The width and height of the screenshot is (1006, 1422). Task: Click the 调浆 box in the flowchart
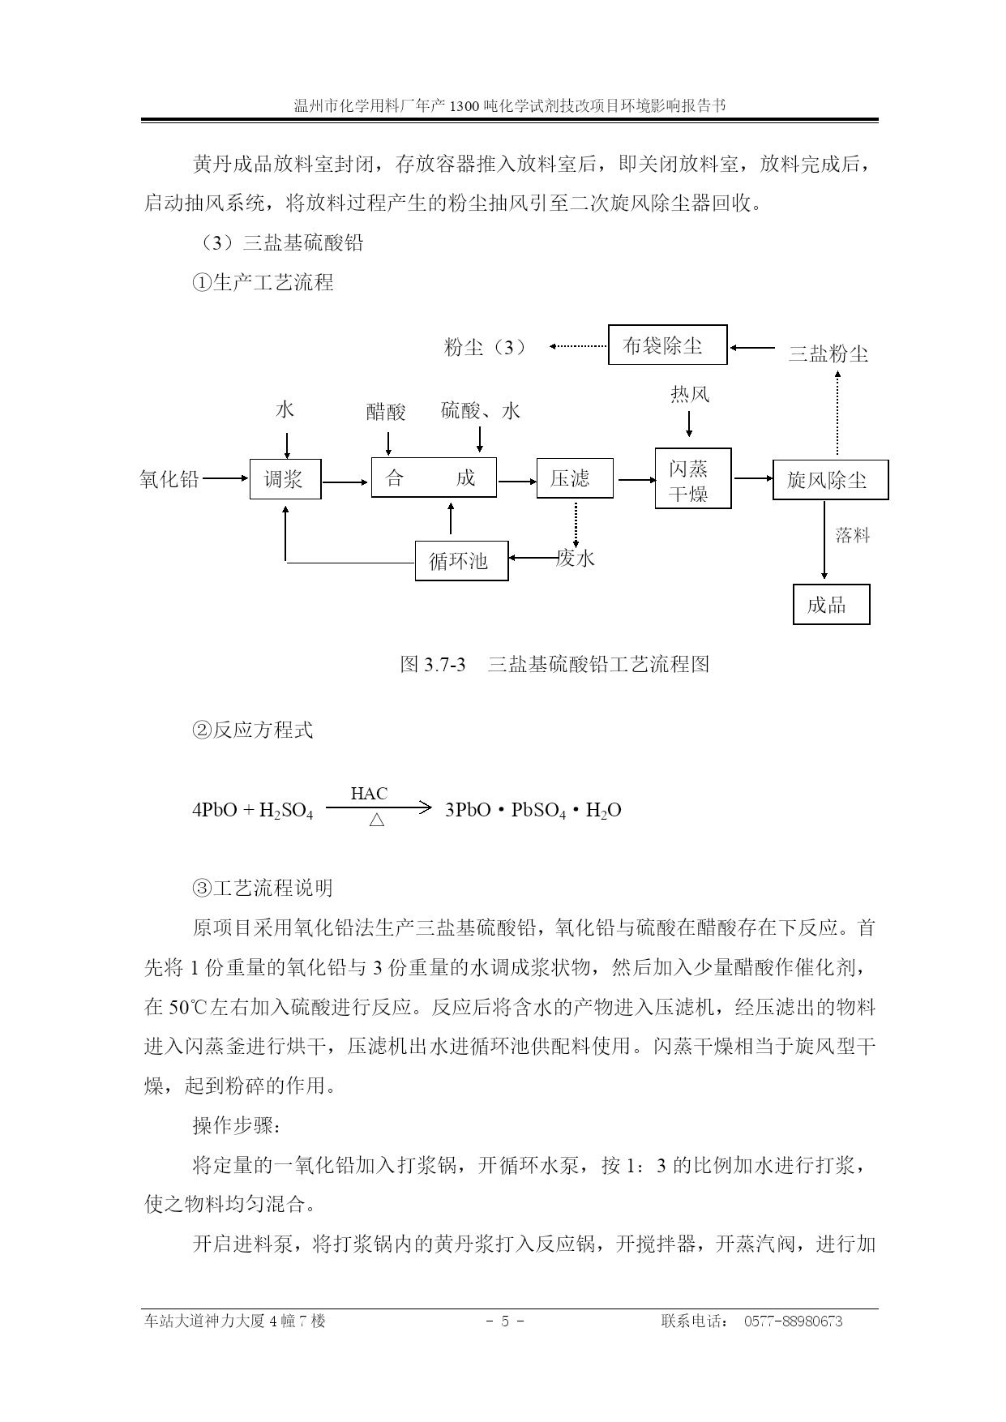click(x=285, y=479)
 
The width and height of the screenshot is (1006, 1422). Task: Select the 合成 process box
click(x=434, y=478)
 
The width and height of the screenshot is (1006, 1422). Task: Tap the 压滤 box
click(x=575, y=478)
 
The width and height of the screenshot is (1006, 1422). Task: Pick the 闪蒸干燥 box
click(x=693, y=478)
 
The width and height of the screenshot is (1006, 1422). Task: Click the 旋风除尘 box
click(x=830, y=480)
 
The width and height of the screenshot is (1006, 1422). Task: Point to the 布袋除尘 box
click(x=668, y=345)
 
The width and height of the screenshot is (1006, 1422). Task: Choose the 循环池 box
click(x=462, y=560)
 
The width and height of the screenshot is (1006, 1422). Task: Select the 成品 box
click(x=831, y=604)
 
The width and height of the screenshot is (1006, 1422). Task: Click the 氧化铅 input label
click(x=169, y=479)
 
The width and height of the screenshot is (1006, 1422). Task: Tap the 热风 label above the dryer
click(x=690, y=395)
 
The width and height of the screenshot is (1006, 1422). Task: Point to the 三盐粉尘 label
click(x=828, y=353)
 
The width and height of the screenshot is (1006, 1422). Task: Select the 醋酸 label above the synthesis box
click(x=386, y=412)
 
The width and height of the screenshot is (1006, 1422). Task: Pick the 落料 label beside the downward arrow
click(x=853, y=535)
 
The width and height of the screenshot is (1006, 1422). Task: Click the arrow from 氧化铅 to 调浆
click(x=225, y=478)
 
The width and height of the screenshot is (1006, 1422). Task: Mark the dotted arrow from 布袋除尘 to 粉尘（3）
click(x=579, y=346)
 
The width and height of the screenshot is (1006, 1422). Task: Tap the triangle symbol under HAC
click(x=377, y=820)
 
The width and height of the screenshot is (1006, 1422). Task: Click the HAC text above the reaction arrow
click(x=369, y=794)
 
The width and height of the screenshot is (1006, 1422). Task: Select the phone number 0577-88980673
click(x=793, y=1321)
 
